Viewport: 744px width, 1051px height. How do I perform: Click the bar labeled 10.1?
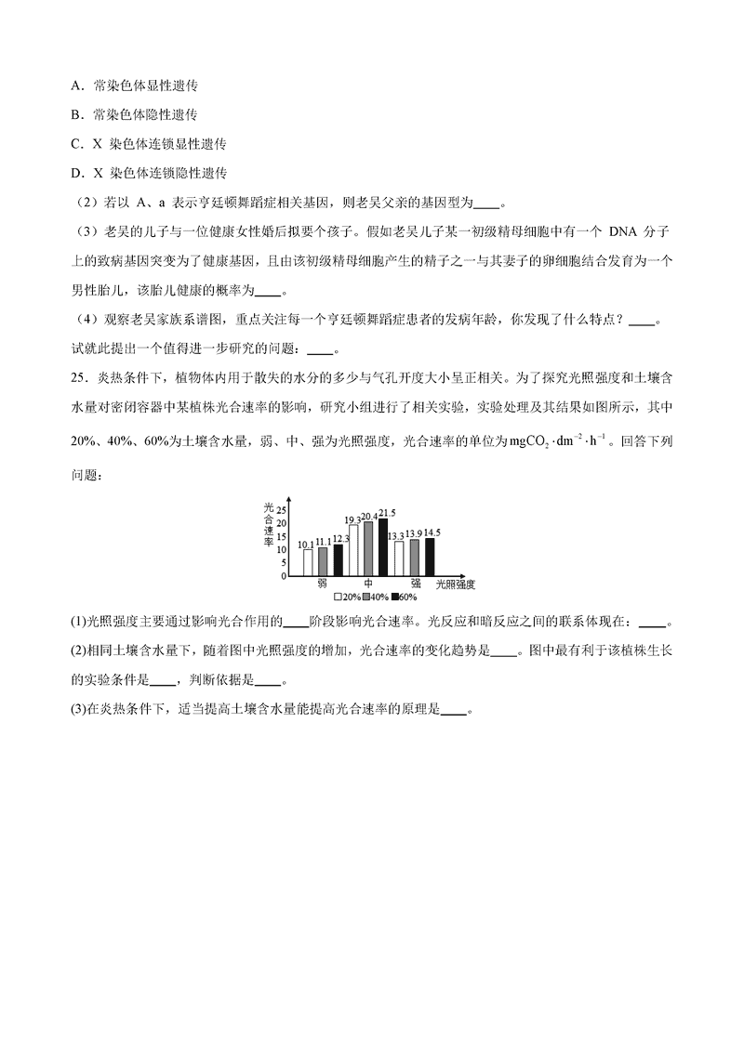[308, 562]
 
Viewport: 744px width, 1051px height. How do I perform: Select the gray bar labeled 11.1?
[323, 561]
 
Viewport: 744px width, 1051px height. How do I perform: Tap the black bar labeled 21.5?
[383, 546]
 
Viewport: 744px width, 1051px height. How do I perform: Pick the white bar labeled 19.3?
[353, 550]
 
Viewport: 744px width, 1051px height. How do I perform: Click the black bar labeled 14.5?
[430, 557]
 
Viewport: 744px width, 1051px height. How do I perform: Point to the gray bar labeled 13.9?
[415, 558]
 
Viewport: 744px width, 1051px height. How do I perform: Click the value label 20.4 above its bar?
[369, 517]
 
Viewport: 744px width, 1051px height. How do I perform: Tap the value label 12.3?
[340, 538]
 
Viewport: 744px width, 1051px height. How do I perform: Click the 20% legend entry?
[347, 596]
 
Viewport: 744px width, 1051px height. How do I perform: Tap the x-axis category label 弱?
[322, 584]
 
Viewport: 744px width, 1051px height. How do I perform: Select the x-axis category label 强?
[416, 584]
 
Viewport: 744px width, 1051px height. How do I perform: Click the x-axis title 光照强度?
[456, 585]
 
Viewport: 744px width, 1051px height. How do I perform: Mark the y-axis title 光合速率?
[268, 524]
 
